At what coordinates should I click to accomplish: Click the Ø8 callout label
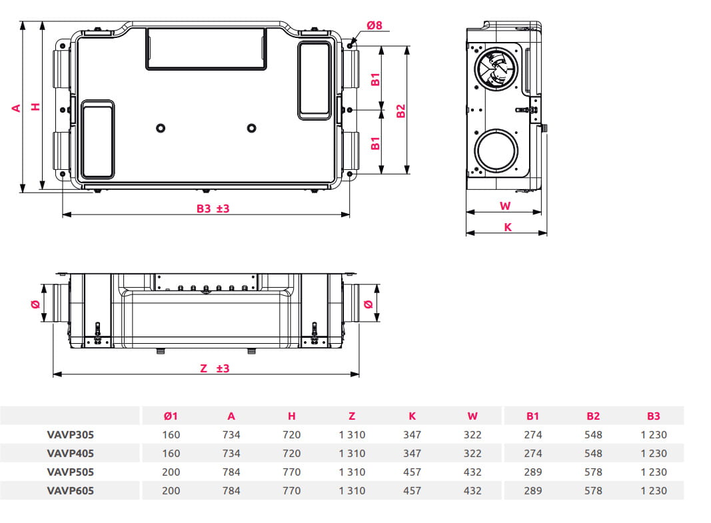[x=374, y=25]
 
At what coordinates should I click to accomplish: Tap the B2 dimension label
[x=401, y=111]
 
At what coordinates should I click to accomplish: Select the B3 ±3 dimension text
[x=213, y=209]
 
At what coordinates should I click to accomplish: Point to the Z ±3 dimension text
[x=215, y=368]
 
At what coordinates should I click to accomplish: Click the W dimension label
[x=505, y=206]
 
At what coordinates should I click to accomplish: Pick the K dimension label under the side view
[x=507, y=227]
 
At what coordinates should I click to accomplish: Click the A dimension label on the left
[x=17, y=107]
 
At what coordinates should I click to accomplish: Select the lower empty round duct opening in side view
[x=495, y=151]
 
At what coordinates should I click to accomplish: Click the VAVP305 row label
[x=71, y=434]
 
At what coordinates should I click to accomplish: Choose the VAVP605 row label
[x=71, y=490]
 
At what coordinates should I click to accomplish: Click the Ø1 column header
[x=171, y=416]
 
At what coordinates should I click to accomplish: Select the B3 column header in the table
[x=653, y=416]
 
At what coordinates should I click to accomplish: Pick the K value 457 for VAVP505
[x=412, y=472]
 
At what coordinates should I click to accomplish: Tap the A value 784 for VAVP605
[x=231, y=490]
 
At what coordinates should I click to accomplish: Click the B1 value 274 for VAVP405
[x=532, y=453]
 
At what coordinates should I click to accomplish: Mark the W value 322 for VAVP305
[x=472, y=434]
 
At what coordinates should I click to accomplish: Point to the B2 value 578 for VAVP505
[x=592, y=472]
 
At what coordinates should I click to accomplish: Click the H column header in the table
[x=291, y=416]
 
